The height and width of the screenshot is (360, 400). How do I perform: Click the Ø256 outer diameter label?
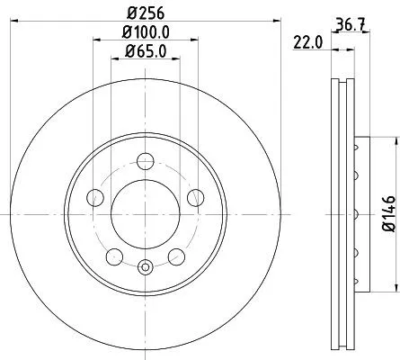pyautogui.click(x=145, y=12)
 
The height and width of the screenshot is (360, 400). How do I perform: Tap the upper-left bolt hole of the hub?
pyautogui.click(x=93, y=198)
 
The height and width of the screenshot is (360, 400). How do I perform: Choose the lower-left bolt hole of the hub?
pyautogui.click(x=113, y=257)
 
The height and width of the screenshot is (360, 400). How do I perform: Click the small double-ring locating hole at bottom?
pyautogui.click(x=145, y=265)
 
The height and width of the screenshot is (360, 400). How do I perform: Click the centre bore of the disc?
pyautogui.click(x=145, y=213)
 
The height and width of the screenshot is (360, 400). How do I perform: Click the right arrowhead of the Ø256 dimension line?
pyautogui.click(x=266, y=22)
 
